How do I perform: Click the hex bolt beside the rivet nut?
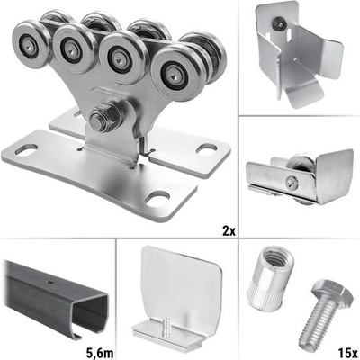(326, 314)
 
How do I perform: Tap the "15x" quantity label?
(347, 352)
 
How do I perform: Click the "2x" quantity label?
(229, 231)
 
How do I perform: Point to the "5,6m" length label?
(100, 353)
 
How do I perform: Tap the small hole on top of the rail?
(49, 282)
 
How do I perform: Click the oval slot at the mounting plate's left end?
(26, 149)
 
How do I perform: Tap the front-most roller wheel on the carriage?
(176, 74)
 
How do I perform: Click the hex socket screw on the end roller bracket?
(291, 182)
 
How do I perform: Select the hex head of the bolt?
(332, 292)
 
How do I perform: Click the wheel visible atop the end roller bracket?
(300, 164)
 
